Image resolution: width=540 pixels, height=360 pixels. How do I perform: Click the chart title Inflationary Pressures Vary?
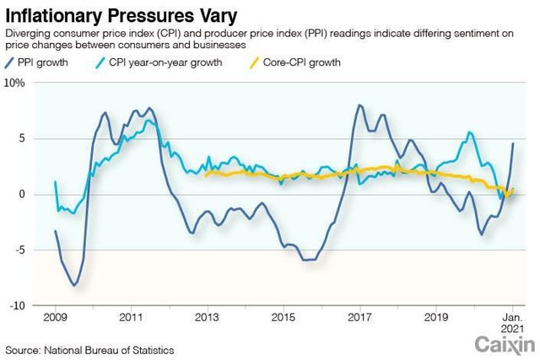click(x=121, y=14)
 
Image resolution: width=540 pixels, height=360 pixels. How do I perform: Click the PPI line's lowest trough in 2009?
click(x=74, y=286)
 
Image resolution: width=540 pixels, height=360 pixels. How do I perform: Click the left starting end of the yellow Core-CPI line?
click(x=206, y=175)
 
